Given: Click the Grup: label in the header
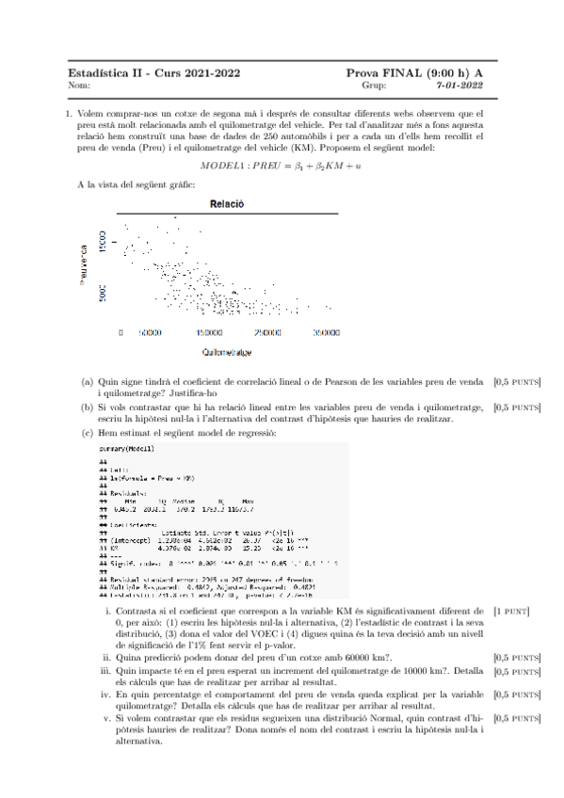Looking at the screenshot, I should (373, 85).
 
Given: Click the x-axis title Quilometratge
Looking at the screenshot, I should (226, 352).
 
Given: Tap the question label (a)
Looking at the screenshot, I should (87, 382).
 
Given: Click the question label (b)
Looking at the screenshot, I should (87, 407).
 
